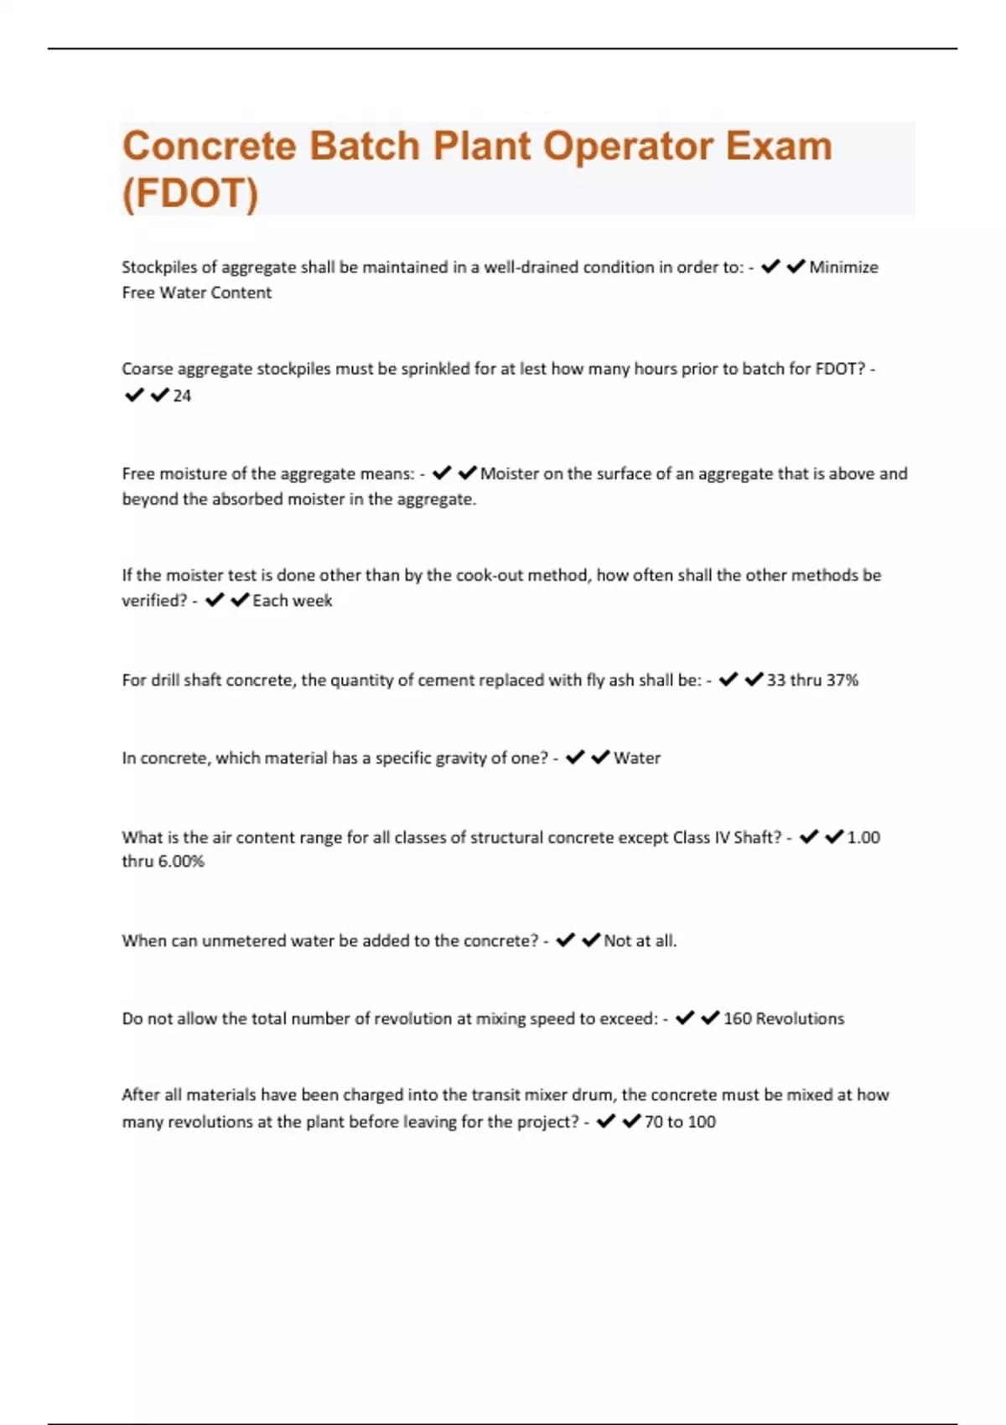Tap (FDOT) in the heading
point(190,193)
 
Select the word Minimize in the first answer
point(843,267)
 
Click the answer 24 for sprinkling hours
point(182,396)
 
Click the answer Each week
point(292,601)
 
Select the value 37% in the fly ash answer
point(842,681)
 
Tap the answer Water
point(637,759)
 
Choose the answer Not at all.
point(640,941)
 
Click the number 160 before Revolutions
point(737,1019)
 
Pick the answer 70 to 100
point(680,1122)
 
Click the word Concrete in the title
point(210,146)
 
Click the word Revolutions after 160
point(800,1019)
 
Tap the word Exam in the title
point(779,146)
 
